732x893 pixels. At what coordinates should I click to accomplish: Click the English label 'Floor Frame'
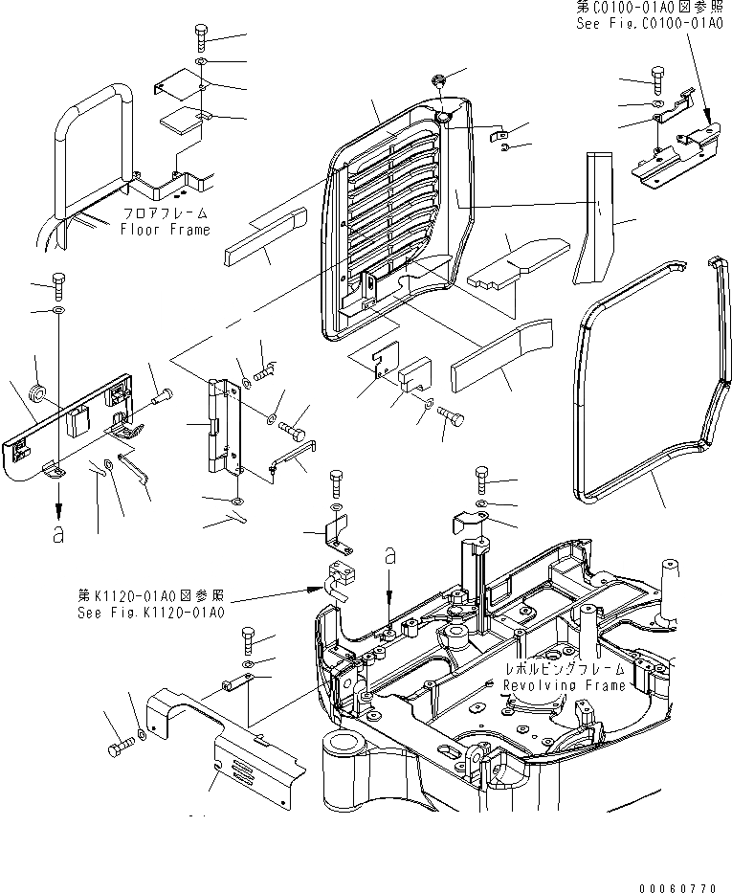click(165, 230)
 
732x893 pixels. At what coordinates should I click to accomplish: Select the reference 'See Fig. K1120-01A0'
click(150, 611)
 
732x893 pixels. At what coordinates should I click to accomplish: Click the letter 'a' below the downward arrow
click(59, 533)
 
